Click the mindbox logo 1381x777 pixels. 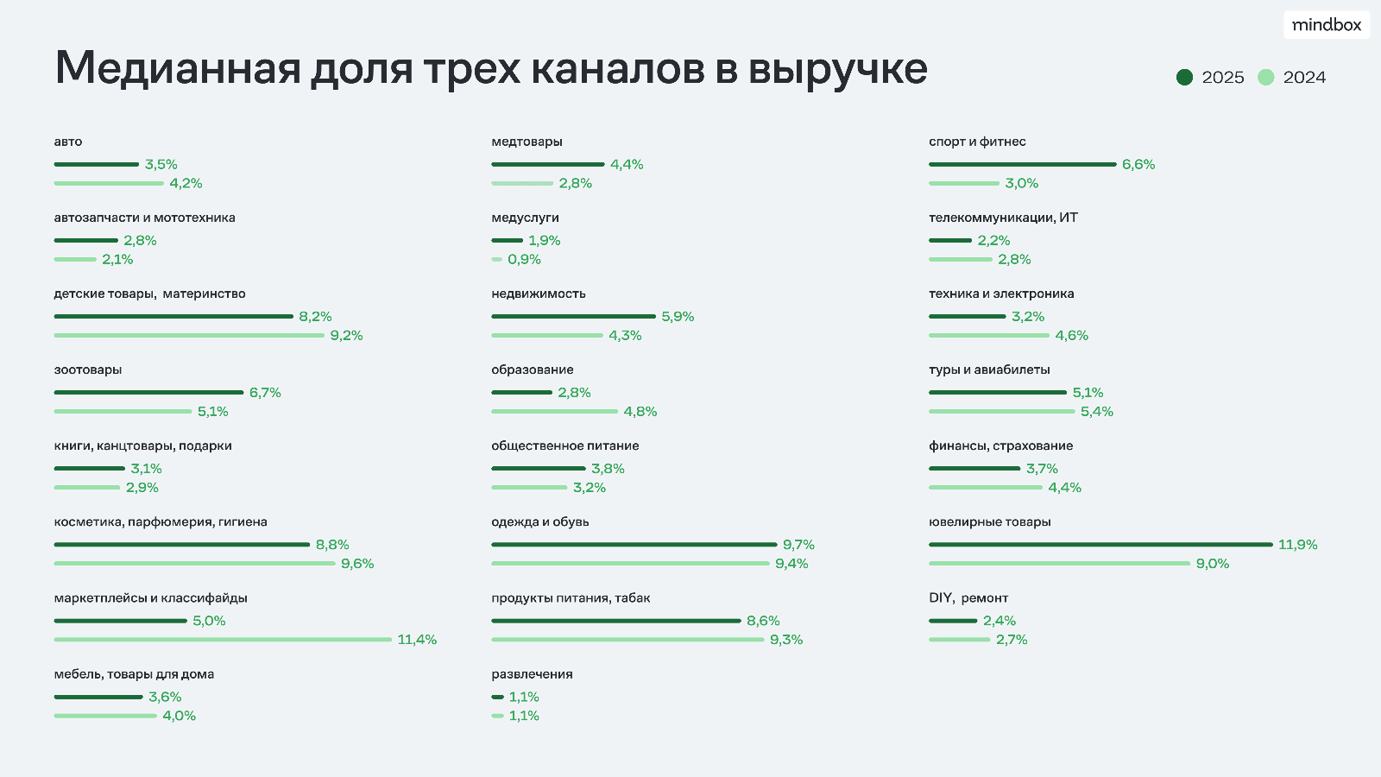point(1327,25)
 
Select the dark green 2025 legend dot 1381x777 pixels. point(1184,78)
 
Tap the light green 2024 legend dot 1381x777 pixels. point(1265,78)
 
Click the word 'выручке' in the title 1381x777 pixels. point(837,69)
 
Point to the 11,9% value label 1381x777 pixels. point(1297,545)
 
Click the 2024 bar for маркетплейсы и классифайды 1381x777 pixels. point(223,640)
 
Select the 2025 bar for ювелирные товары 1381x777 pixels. point(1100,545)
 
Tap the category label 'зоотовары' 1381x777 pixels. point(88,370)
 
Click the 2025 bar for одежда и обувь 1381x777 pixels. point(634,545)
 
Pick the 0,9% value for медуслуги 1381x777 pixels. point(524,260)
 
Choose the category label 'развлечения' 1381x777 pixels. point(532,674)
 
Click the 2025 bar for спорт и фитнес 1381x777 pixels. point(1022,164)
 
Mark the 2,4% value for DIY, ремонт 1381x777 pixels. point(999,621)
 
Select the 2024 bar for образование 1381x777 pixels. point(554,412)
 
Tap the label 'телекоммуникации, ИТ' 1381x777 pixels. point(1003,218)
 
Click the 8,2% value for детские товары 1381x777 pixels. point(315,317)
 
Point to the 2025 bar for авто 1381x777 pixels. point(96,164)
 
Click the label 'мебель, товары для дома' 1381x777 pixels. point(134,674)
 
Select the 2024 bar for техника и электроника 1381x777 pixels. point(988,336)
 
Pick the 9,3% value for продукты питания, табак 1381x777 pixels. point(785,640)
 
